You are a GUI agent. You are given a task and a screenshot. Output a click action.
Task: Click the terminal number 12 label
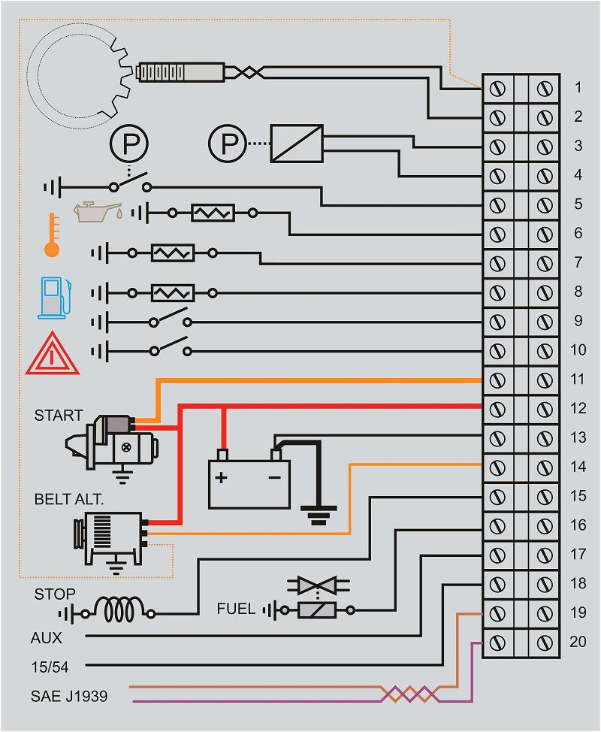pos(577,409)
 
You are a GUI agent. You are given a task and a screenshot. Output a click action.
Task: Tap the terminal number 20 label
pos(577,643)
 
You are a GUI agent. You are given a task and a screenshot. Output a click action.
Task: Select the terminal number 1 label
pos(578,87)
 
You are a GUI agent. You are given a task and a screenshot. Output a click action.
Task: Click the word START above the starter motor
pos(58,415)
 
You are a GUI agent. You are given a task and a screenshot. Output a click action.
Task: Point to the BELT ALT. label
pos(68,499)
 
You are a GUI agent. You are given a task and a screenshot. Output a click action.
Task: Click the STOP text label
pos(55,594)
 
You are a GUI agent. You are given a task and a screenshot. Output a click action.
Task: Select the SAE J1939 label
pos(69,696)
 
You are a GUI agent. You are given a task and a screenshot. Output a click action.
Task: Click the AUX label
pos(47,638)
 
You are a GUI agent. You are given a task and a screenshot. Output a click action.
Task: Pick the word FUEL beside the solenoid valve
pos(236,609)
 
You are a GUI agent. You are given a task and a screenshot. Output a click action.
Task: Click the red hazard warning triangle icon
pos(51,353)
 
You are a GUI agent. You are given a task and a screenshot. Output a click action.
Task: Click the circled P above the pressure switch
pos(130,142)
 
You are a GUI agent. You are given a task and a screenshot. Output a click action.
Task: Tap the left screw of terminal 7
pos(497,263)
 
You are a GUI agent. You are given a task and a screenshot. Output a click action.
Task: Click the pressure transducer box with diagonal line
pos(297,143)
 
